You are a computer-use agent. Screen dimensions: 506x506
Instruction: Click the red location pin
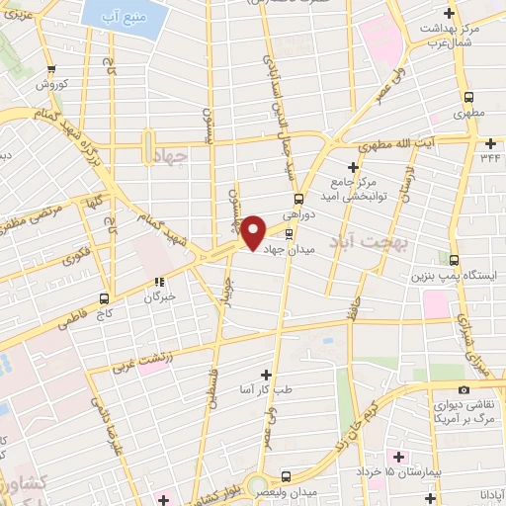point(253,231)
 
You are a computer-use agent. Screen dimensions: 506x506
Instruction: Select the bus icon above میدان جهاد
point(289,234)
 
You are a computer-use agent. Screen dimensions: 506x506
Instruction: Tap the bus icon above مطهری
point(470,98)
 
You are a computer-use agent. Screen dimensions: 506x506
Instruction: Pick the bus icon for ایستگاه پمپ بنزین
point(454,260)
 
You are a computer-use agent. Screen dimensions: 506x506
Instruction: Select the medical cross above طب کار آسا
point(265,375)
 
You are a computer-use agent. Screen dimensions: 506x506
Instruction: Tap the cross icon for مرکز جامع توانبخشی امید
point(354,168)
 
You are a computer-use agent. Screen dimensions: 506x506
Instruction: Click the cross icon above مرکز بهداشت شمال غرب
point(451,14)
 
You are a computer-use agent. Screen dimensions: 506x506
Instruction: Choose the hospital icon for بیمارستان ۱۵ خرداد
point(399,457)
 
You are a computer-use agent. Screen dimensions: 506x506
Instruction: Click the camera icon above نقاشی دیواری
point(464,389)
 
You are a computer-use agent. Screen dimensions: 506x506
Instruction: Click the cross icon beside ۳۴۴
point(470,156)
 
